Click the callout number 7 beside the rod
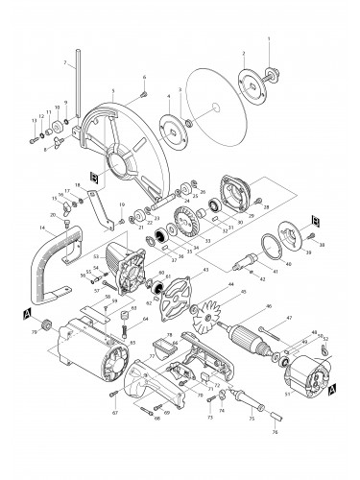pos(64,63)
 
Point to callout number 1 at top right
pos(270,37)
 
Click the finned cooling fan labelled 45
pos(211,316)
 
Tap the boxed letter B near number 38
pos(315,220)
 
